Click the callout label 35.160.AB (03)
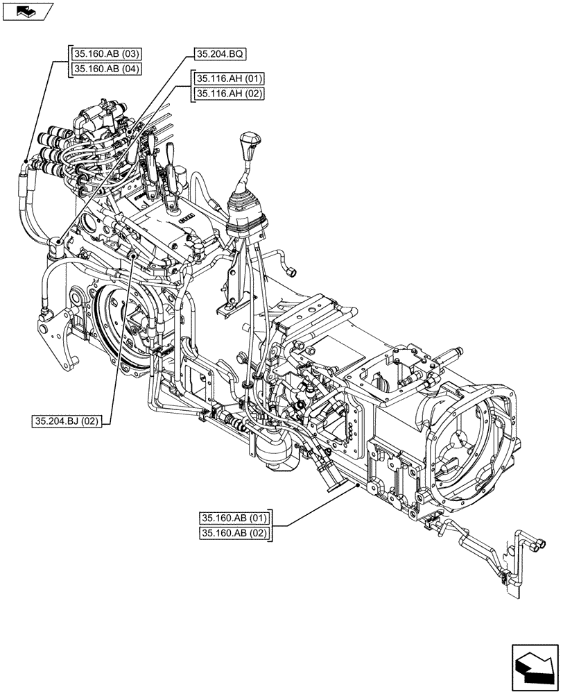[105, 54]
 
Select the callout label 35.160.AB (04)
[105, 69]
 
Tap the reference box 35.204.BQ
[220, 53]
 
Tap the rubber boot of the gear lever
[246, 212]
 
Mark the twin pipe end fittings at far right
[538, 545]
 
